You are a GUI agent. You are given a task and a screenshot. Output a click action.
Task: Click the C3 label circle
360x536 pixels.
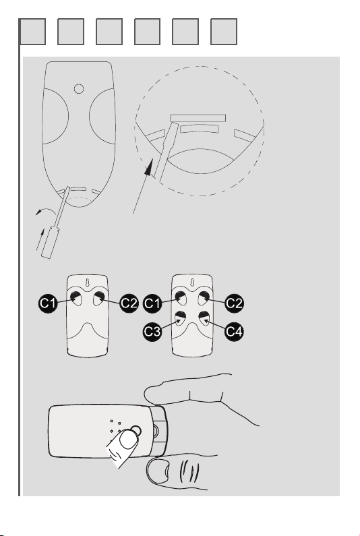152,331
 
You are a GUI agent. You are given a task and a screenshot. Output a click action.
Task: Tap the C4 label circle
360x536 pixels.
234,331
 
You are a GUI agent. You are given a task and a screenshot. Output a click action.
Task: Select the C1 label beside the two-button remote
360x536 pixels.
48,303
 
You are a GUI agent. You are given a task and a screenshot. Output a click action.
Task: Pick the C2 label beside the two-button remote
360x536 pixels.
129,303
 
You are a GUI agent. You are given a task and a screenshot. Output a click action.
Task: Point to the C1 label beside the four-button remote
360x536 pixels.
152,303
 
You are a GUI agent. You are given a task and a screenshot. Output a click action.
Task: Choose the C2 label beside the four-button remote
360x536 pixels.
234,303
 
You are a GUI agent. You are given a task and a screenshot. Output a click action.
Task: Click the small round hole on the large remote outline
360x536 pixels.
79,89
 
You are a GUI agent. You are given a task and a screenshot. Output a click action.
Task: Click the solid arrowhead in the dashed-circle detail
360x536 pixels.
148,167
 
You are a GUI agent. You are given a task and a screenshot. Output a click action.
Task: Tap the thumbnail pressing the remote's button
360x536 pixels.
128,439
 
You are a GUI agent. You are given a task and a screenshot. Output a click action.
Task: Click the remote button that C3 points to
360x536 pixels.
181,319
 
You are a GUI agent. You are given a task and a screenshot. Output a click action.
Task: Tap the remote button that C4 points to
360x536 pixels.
204,319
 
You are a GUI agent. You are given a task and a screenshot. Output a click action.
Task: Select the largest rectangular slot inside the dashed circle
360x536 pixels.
198,118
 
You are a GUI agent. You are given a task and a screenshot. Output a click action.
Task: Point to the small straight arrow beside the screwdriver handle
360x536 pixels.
40,239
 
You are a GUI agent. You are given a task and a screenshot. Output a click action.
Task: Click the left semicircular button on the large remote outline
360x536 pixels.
56,116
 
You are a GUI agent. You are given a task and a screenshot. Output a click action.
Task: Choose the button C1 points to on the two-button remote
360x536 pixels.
76,299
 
